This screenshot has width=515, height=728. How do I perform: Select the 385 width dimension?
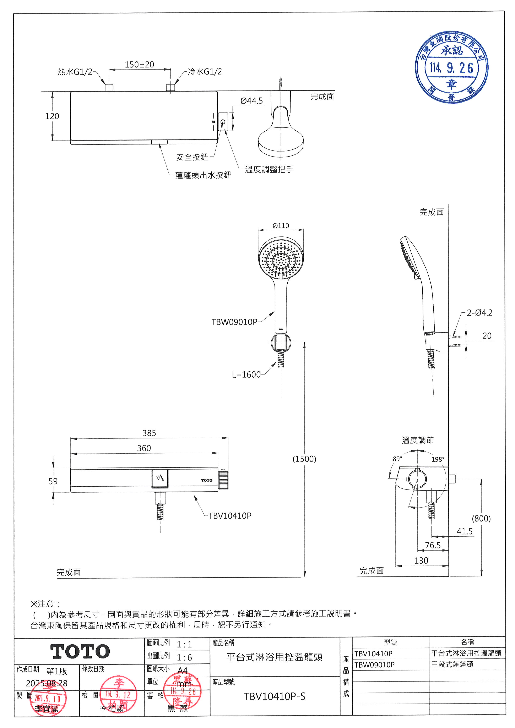pos(149,433)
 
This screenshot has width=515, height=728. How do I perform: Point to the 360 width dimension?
pos(144,448)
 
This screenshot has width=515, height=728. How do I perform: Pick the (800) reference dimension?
pos(481,519)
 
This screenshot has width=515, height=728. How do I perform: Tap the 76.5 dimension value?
pos(433,545)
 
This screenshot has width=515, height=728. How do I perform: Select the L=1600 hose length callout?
pos(246,375)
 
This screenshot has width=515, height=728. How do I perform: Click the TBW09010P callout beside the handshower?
pos(234,322)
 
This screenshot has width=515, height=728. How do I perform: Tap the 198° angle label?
pos(438,459)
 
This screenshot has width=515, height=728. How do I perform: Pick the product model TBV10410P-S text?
pos(275,697)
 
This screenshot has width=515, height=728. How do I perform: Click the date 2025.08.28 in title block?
pos(47,683)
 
